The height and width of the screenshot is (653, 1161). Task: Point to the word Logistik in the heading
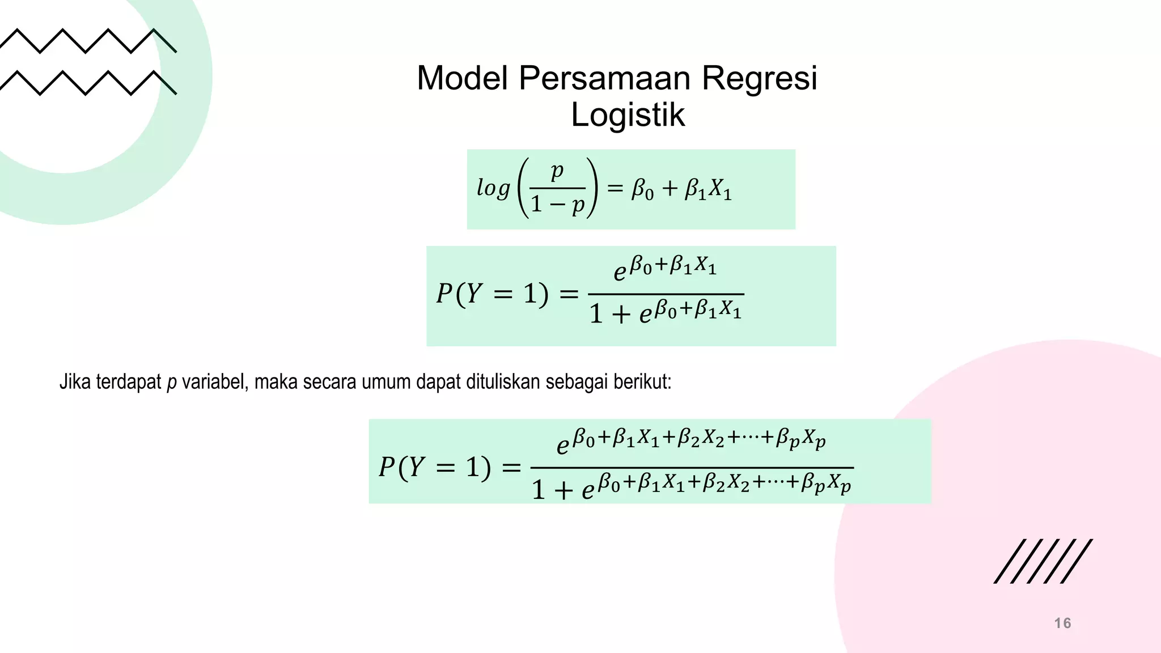628,115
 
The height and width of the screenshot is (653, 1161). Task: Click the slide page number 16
1062,623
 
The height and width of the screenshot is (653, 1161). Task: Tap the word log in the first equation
493,188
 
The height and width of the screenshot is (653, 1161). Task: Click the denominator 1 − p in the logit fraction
557,205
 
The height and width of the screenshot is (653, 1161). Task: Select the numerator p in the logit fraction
557,171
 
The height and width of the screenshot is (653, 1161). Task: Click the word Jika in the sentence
75,382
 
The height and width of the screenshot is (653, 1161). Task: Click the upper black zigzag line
88,41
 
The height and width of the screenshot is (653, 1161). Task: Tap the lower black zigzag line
88,83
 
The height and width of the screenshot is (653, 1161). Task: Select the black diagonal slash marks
1043,561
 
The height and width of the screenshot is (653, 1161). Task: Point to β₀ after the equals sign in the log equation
642,189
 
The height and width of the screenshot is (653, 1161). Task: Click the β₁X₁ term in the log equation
708,189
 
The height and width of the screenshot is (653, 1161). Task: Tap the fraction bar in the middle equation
666,294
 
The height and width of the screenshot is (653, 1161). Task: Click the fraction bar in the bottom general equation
692,468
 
